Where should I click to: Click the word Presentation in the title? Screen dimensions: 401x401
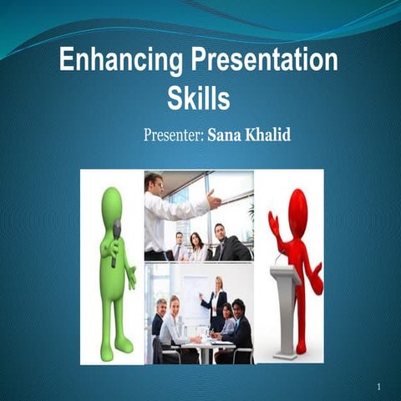point(262,62)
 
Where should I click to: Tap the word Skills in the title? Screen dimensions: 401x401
point(198,99)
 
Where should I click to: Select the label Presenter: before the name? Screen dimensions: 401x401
point(173,135)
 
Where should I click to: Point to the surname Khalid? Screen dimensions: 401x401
point(269,135)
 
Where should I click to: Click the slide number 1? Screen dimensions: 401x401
point(379,387)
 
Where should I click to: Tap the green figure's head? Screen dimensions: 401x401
point(112,203)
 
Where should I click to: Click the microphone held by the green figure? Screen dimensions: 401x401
point(116,242)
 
